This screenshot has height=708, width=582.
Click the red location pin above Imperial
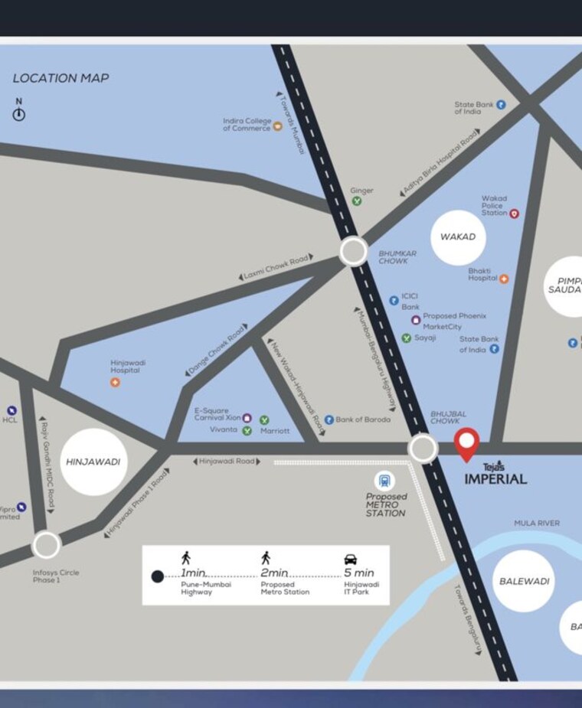coord(466,443)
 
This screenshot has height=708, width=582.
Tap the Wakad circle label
coord(458,237)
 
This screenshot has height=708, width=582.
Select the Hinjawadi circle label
coord(93,462)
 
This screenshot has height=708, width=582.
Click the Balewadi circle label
coord(525,582)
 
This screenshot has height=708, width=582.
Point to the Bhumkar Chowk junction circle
coord(353,251)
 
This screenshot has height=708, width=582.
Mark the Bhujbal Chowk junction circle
coord(423,449)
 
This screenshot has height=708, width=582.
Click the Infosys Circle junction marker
coord(46,546)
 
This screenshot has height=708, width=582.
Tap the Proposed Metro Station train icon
coord(384,481)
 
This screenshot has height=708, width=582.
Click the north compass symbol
coord(19,114)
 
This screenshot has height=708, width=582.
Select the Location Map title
coord(60,78)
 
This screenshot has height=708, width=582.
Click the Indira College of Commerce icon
coord(277,127)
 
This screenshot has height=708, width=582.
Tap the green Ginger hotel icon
coord(357,201)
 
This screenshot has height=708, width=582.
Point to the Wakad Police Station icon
coord(514,214)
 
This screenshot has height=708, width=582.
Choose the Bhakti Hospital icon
coord(504,279)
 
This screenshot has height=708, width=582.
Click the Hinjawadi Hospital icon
coord(115,382)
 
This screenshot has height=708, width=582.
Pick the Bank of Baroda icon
coord(329,419)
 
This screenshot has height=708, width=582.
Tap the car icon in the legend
coord(351,559)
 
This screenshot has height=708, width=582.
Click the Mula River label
coord(536,524)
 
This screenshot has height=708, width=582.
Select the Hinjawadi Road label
coord(227,462)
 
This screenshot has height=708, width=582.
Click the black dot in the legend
coord(157,576)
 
